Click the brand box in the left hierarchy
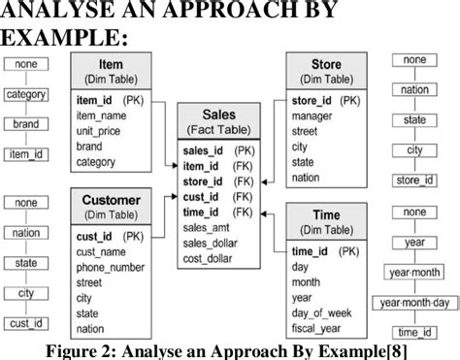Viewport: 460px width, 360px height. [26, 124]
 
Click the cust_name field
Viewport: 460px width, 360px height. [105, 252]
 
